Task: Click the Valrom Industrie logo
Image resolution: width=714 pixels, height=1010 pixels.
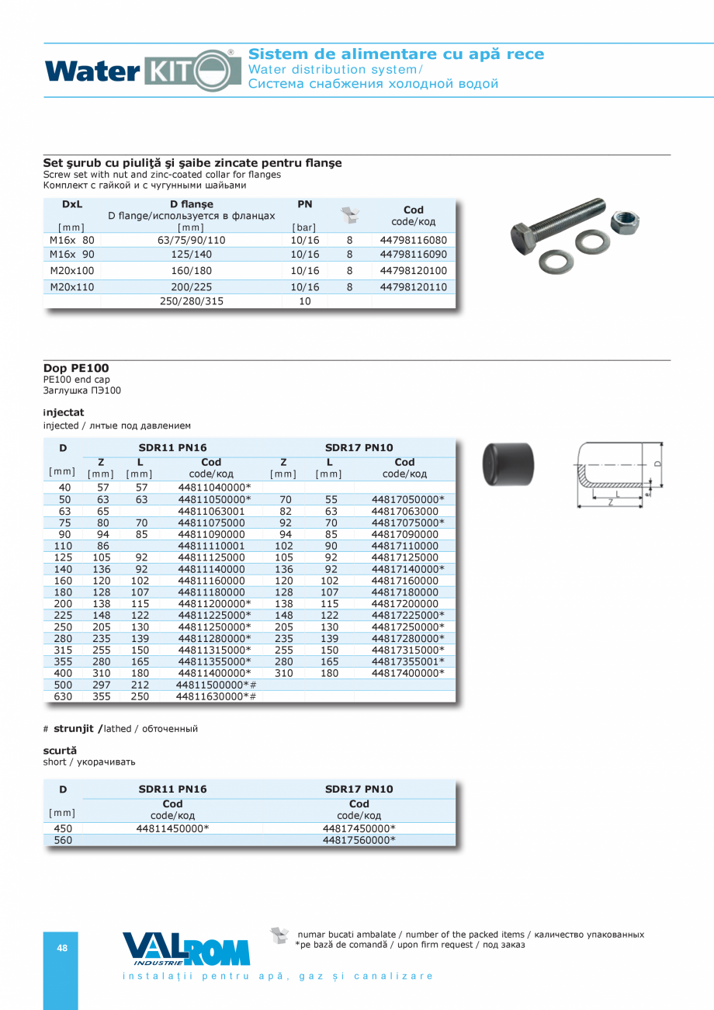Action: tap(186, 949)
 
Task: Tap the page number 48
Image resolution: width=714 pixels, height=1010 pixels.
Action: tap(62, 948)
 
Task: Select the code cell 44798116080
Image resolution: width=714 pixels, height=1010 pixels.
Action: tap(413, 241)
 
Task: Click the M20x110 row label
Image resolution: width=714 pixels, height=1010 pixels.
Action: tap(71, 287)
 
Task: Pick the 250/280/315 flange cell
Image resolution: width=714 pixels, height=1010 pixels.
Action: tap(191, 301)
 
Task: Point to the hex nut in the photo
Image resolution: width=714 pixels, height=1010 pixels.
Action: tap(625, 222)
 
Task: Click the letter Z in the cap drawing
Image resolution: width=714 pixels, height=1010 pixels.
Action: tap(611, 503)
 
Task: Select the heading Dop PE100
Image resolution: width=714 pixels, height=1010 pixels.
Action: tap(76, 368)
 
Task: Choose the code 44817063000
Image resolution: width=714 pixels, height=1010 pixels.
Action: tap(404, 511)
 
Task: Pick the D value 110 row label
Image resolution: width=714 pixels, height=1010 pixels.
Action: tap(64, 546)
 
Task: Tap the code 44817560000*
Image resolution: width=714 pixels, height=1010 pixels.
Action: tap(359, 840)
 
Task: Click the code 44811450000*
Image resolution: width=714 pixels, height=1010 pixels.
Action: tap(172, 828)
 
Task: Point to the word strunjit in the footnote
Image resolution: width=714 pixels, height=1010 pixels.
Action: tap(74, 729)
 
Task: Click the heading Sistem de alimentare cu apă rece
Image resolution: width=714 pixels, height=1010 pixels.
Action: tap(396, 54)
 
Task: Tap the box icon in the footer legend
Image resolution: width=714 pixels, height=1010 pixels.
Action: tap(279, 935)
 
